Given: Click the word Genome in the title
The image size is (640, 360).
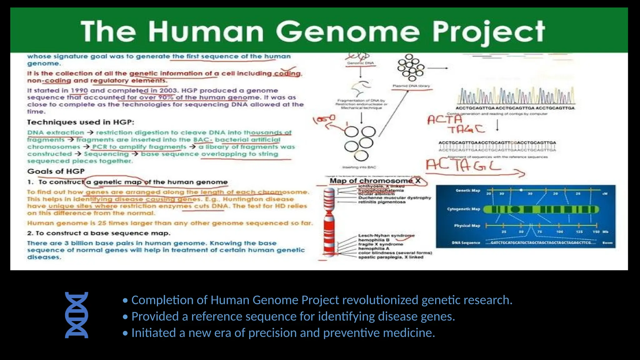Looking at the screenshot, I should (347, 32).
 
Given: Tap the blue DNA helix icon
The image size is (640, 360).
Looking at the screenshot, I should (77, 315).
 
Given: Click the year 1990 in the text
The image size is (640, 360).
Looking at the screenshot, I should (79, 91).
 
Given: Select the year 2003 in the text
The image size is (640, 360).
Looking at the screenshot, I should (168, 91).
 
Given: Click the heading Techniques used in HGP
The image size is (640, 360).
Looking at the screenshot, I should (80, 122).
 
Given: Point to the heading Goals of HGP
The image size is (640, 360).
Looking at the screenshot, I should (56, 171).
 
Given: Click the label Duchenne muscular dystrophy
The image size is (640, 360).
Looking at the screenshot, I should (394, 198).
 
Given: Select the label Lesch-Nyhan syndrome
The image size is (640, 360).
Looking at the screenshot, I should (386, 235).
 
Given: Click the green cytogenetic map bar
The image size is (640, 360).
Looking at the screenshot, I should (541, 209).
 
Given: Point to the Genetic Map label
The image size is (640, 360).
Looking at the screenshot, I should (467, 190).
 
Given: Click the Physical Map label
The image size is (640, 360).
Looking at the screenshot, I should (467, 226).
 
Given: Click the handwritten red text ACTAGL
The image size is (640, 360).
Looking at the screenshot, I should (463, 165).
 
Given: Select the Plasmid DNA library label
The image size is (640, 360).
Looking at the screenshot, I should (411, 86).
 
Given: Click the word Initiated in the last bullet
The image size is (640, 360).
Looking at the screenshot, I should (153, 333).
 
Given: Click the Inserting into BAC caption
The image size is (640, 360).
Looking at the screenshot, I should (359, 167).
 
